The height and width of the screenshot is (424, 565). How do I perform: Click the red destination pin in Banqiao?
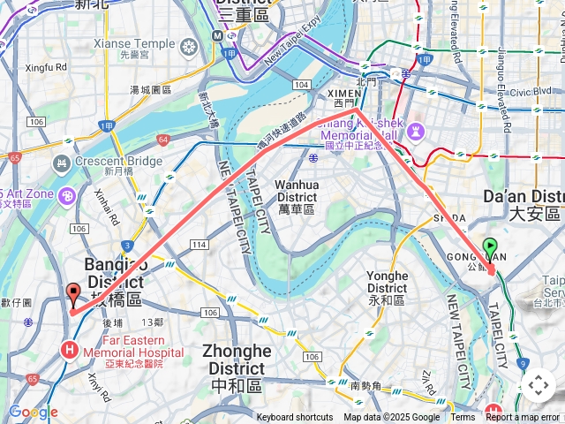[72, 294]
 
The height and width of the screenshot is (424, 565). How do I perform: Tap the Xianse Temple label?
[134, 43]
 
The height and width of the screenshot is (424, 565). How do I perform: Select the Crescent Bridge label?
[118, 162]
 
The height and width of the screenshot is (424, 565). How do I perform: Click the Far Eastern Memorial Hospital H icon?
[69, 351]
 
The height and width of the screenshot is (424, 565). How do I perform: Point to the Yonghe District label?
[387, 282]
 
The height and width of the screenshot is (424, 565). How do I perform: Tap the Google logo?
[33, 412]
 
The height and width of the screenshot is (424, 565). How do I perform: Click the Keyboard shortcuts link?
[295, 418]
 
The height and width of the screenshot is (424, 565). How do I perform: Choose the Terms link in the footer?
[463, 418]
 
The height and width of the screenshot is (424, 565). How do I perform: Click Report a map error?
[523, 418]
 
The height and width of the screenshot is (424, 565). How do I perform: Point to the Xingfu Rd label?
[46, 66]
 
